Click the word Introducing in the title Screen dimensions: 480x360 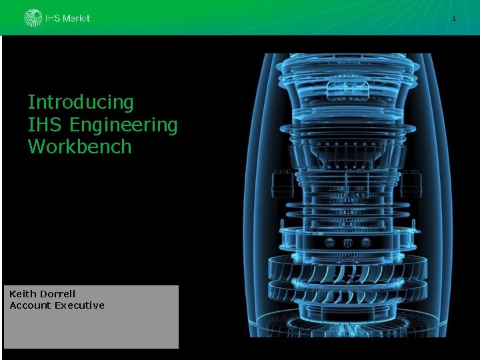click(81, 103)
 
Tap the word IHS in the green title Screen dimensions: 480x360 click(45, 125)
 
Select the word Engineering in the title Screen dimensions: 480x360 click(123, 126)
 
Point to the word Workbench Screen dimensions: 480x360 click(79, 146)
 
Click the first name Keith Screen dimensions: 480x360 click(23, 294)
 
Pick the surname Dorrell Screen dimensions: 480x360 click(58, 294)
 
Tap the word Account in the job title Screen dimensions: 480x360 click(30, 305)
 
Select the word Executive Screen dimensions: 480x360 click(80, 305)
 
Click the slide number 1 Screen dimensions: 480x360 click(454, 19)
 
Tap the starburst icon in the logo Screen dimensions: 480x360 click(33, 18)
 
